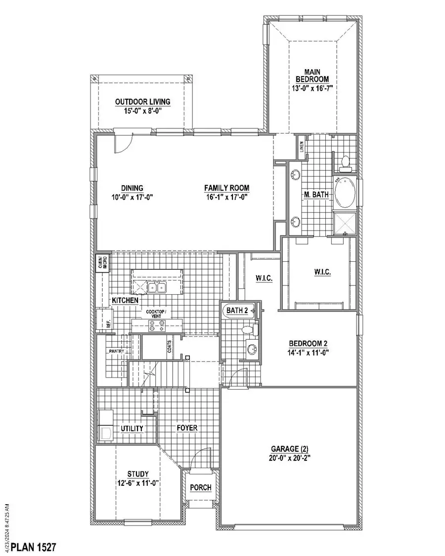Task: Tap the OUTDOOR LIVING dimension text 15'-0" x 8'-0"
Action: pos(142,111)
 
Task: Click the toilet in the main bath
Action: pos(346,162)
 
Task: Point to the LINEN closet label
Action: pos(302,147)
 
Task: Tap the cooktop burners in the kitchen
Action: pos(157,325)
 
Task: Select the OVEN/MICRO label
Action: pos(102,263)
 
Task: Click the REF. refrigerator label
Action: pos(108,324)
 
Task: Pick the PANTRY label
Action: pos(120,352)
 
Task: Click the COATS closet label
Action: pos(169,349)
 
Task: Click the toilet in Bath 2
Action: pos(247,330)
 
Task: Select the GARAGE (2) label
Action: pos(291,449)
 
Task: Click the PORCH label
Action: pos(201,487)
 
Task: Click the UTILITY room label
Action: pos(132,428)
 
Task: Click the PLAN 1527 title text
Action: pos(34,547)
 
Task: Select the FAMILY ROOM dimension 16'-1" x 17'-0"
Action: pos(226,197)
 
